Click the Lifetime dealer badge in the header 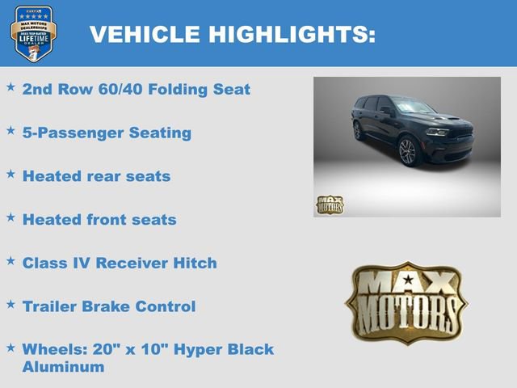(x=33, y=33)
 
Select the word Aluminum (x=63, y=367)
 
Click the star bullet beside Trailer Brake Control (x=11, y=305)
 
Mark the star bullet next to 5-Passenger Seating (x=11, y=130)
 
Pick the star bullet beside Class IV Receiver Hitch (x=11, y=261)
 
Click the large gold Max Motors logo (x=406, y=301)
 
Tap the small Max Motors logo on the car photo (x=330, y=205)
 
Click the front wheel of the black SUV (x=407, y=151)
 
